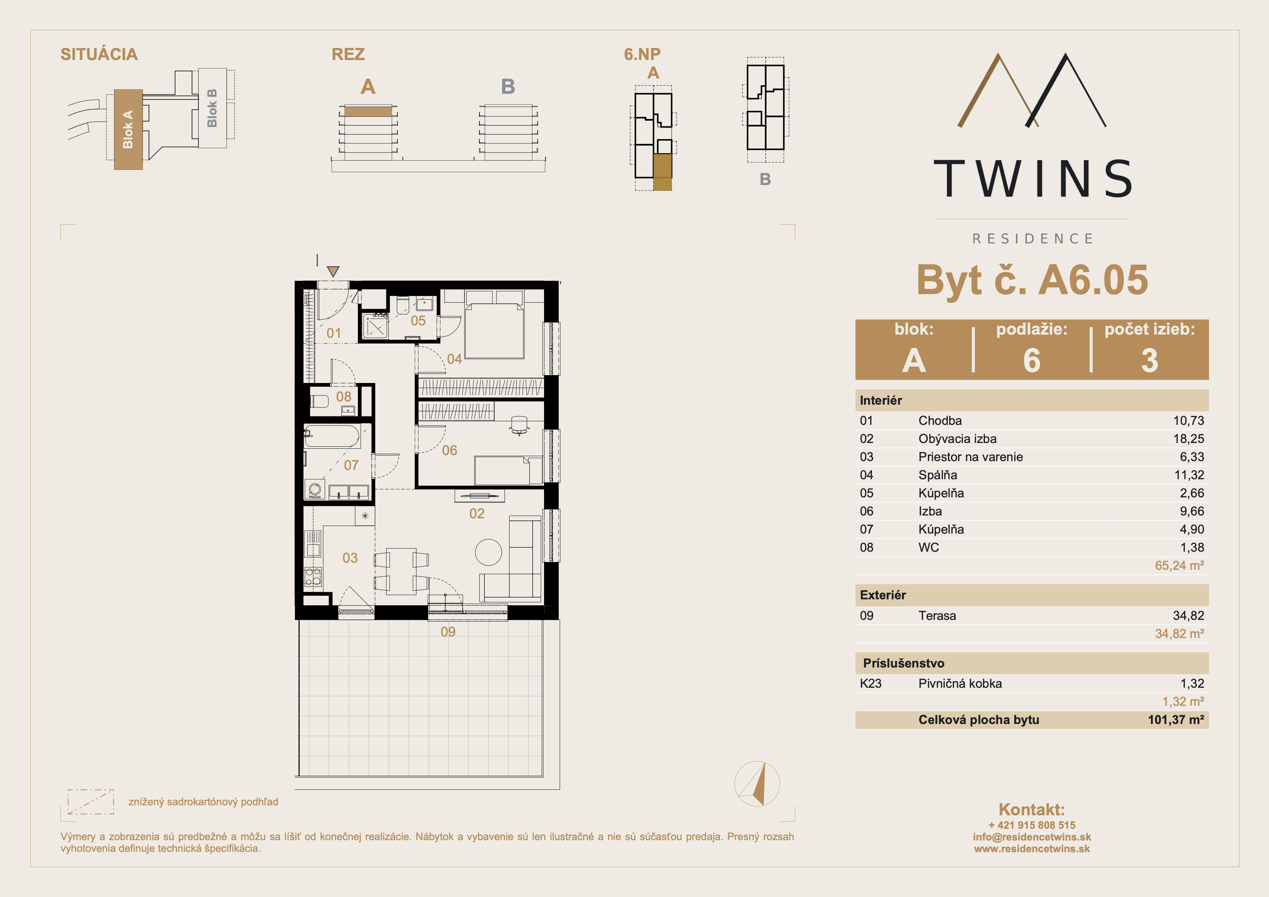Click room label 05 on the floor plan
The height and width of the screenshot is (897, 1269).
[418, 320]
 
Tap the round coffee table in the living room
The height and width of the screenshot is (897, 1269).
[489, 552]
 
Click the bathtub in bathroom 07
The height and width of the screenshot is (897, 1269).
[332, 436]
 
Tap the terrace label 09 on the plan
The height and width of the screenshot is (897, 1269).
[448, 632]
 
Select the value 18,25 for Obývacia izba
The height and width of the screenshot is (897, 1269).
[1188, 439]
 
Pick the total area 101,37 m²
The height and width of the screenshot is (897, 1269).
[1176, 720]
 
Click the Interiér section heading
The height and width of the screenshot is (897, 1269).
[881, 400]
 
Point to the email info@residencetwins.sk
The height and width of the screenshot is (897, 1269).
[1032, 837]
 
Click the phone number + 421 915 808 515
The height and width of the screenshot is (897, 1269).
[1032, 825]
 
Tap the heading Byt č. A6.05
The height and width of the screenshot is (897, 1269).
[1032, 280]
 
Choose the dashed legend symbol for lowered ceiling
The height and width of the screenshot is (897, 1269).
[91, 802]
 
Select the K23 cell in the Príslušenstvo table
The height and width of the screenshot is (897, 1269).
[871, 683]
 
